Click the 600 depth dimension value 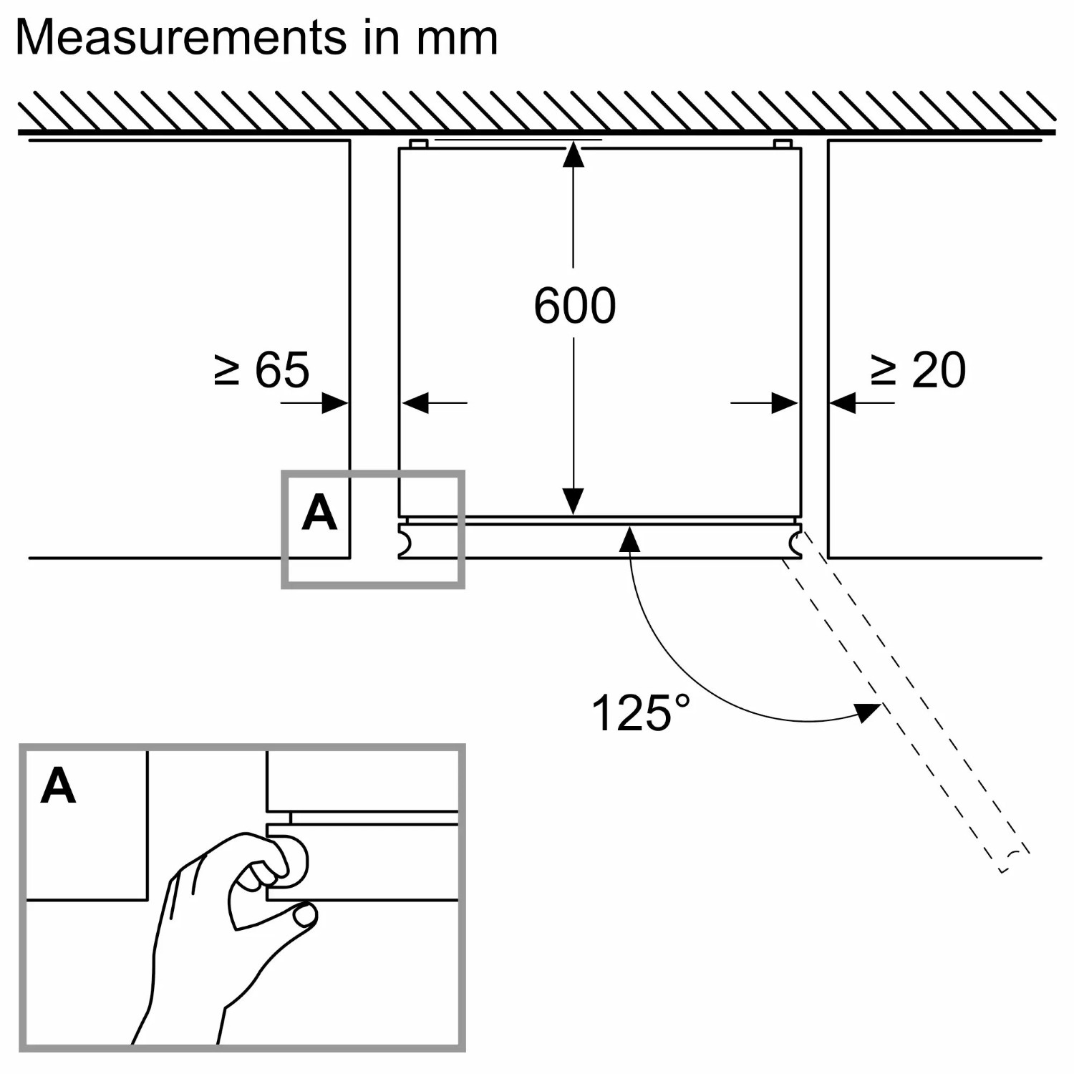pyautogui.click(x=574, y=306)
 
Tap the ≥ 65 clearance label pyautogui.click(x=262, y=370)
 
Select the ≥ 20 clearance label pyautogui.click(x=919, y=370)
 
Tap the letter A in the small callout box pyautogui.click(x=319, y=513)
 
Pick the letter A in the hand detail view pyautogui.click(x=58, y=785)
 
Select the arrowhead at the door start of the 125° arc pyautogui.click(x=629, y=538)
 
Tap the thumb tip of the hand pyautogui.click(x=306, y=914)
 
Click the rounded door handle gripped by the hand pyautogui.click(x=294, y=861)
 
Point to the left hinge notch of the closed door pyautogui.click(x=405, y=542)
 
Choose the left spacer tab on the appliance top pyautogui.click(x=419, y=144)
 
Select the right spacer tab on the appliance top pyautogui.click(x=783, y=144)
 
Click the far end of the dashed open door pyautogui.click(x=1010, y=859)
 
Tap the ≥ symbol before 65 pyautogui.click(x=227, y=370)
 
